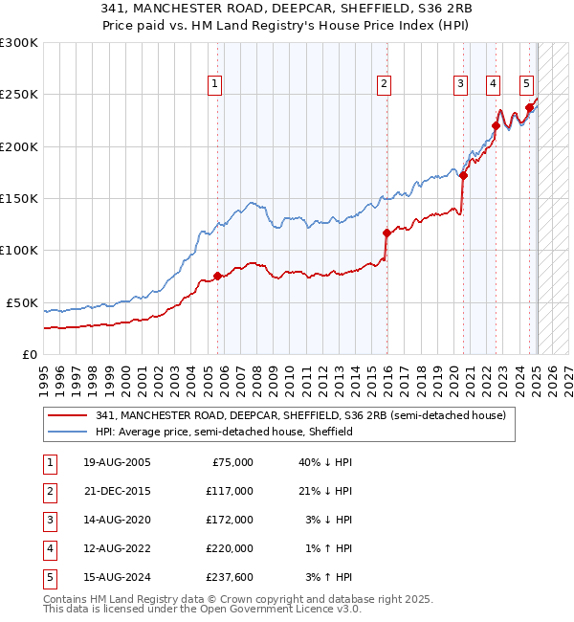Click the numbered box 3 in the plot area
460,84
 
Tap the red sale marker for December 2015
386,233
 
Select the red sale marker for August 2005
217,276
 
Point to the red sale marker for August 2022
497,125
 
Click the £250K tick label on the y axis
19,95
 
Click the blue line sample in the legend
68,433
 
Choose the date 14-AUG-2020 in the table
117,519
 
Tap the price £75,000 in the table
232,462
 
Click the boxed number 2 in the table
48,491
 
